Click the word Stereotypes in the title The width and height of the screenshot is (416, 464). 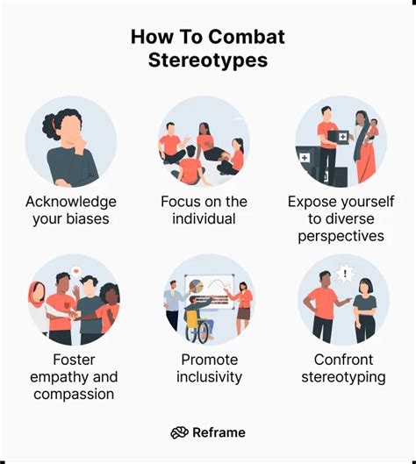coord(207,61)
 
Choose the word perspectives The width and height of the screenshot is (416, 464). coord(341,236)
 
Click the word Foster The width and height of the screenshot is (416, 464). coord(74,359)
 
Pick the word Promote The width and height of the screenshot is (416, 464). coord(209,359)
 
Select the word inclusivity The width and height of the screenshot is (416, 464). coord(209,376)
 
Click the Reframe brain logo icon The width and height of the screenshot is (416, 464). coord(178,432)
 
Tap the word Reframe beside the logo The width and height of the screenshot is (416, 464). coord(219,432)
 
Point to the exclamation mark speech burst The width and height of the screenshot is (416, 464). coord(348,275)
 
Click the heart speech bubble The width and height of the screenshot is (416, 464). coord(75,269)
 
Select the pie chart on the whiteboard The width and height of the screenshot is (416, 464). coord(197,287)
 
